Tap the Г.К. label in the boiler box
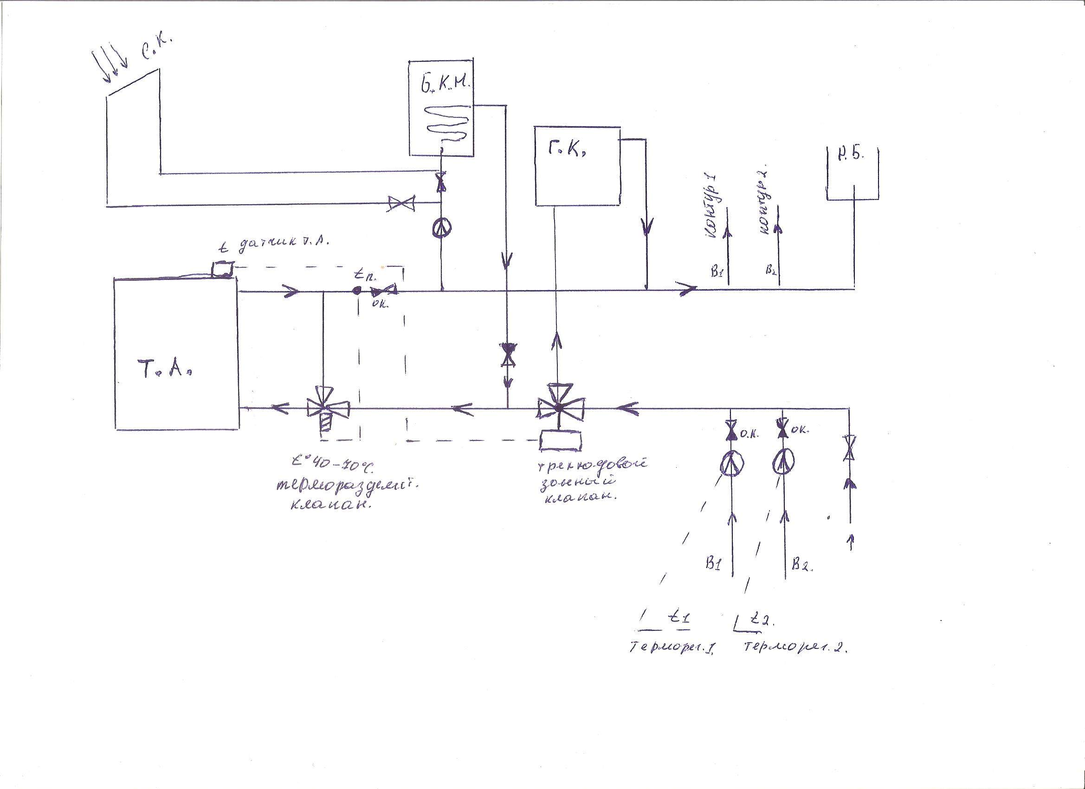tap(567, 150)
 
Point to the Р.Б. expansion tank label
tap(851, 154)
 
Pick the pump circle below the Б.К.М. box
tap(441, 229)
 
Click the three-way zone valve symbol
tap(560, 407)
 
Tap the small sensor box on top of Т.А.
tap(222, 268)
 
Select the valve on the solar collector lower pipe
tap(401, 203)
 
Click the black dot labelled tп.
tap(357, 291)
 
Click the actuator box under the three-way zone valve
tap(560, 440)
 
